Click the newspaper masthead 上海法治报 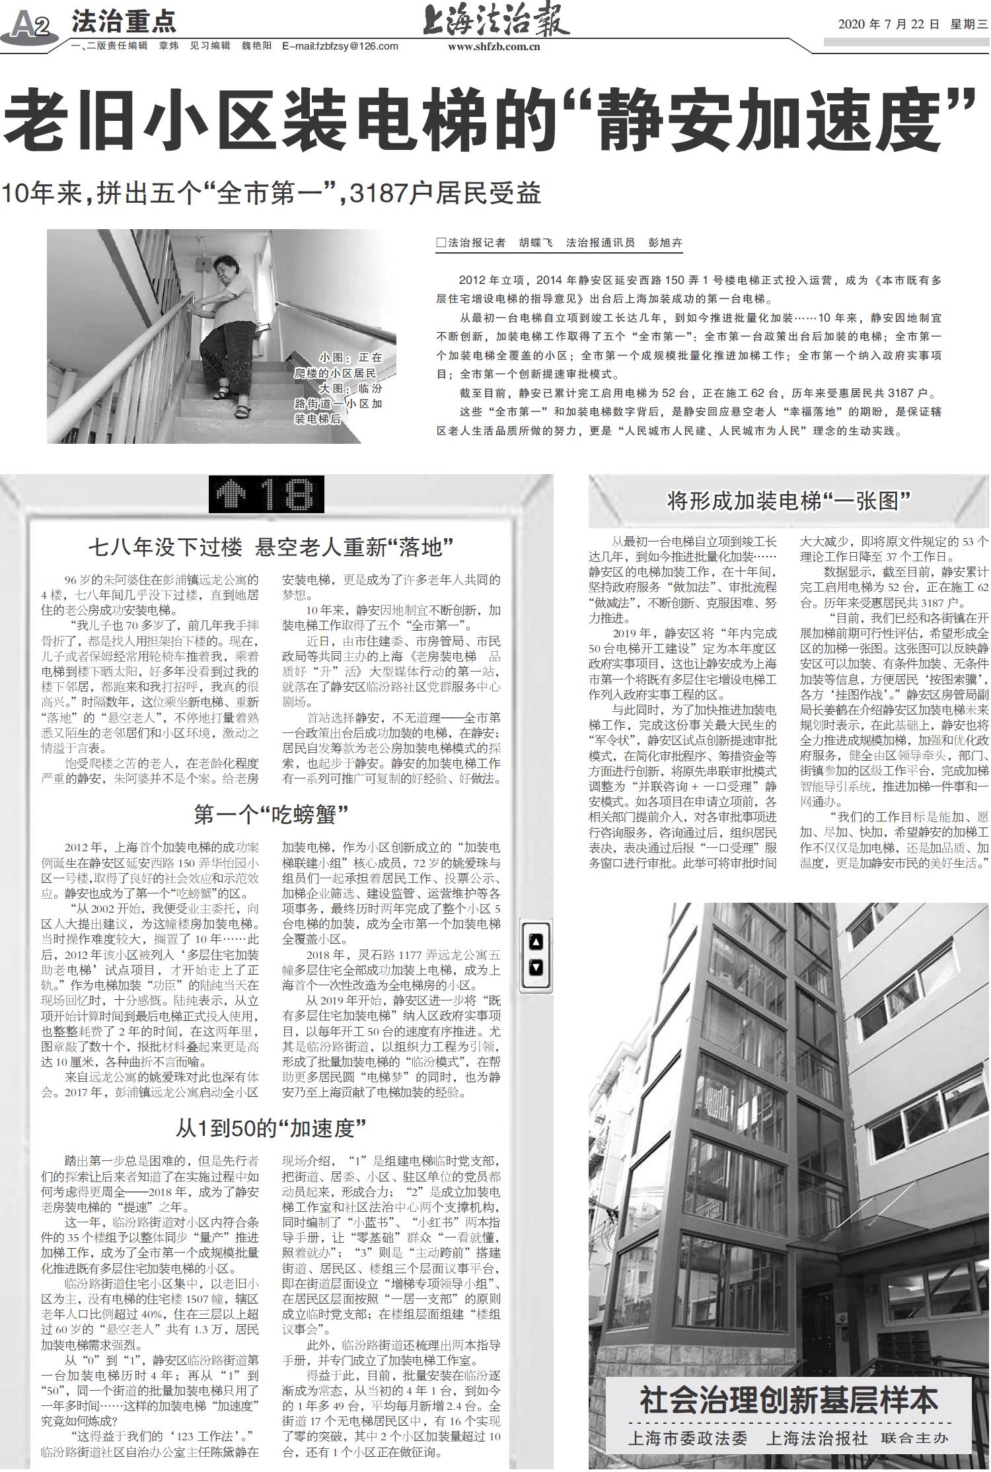[x=495, y=22]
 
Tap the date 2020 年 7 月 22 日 [x=888, y=25]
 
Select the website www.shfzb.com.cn [x=494, y=46]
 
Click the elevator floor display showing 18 [x=266, y=494]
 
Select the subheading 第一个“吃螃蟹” [x=271, y=814]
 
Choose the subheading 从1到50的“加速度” [x=271, y=1128]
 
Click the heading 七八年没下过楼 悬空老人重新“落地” [x=271, y=547]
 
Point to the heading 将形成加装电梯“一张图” [x=788, y=502]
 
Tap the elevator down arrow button [x=536, y=968]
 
